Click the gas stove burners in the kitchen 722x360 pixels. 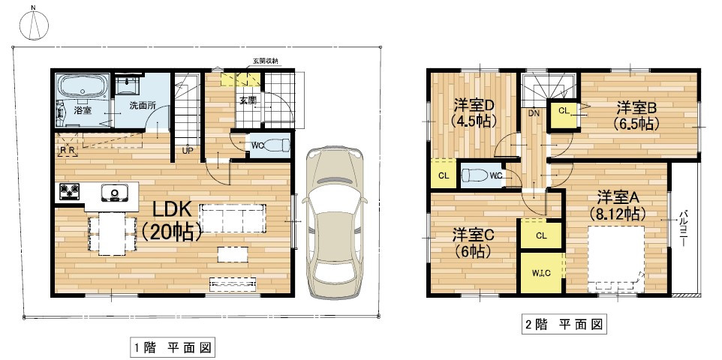[x=70, y=192]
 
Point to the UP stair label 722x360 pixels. [x=188, y=150]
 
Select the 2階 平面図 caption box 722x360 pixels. [x=564, y=325]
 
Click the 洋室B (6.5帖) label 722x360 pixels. [x=636, y=115]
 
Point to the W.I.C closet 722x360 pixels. [x=542, y=272]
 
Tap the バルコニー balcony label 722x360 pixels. [x=683, y=228]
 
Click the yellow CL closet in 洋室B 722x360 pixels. [x=563, y=112]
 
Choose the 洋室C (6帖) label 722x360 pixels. [x=473, y=243]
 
